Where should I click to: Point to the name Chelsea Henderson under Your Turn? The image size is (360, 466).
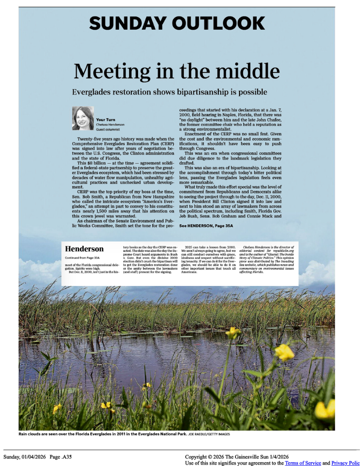[111, 125]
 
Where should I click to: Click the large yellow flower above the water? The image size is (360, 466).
[284, 352]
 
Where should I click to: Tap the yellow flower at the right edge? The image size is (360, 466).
[325, 409]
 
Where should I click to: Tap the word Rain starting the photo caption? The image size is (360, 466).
[24, 434]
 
